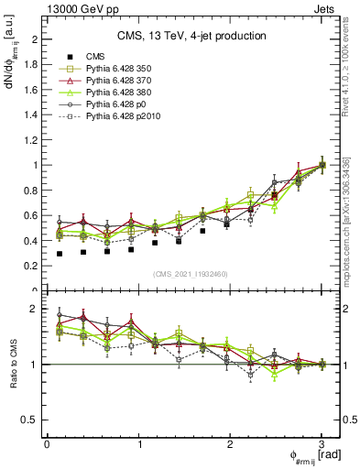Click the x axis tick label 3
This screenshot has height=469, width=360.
(x=322, y=444)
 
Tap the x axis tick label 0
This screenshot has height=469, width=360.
(x=47, y=444)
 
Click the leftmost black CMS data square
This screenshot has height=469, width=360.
(x=60, y=254)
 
